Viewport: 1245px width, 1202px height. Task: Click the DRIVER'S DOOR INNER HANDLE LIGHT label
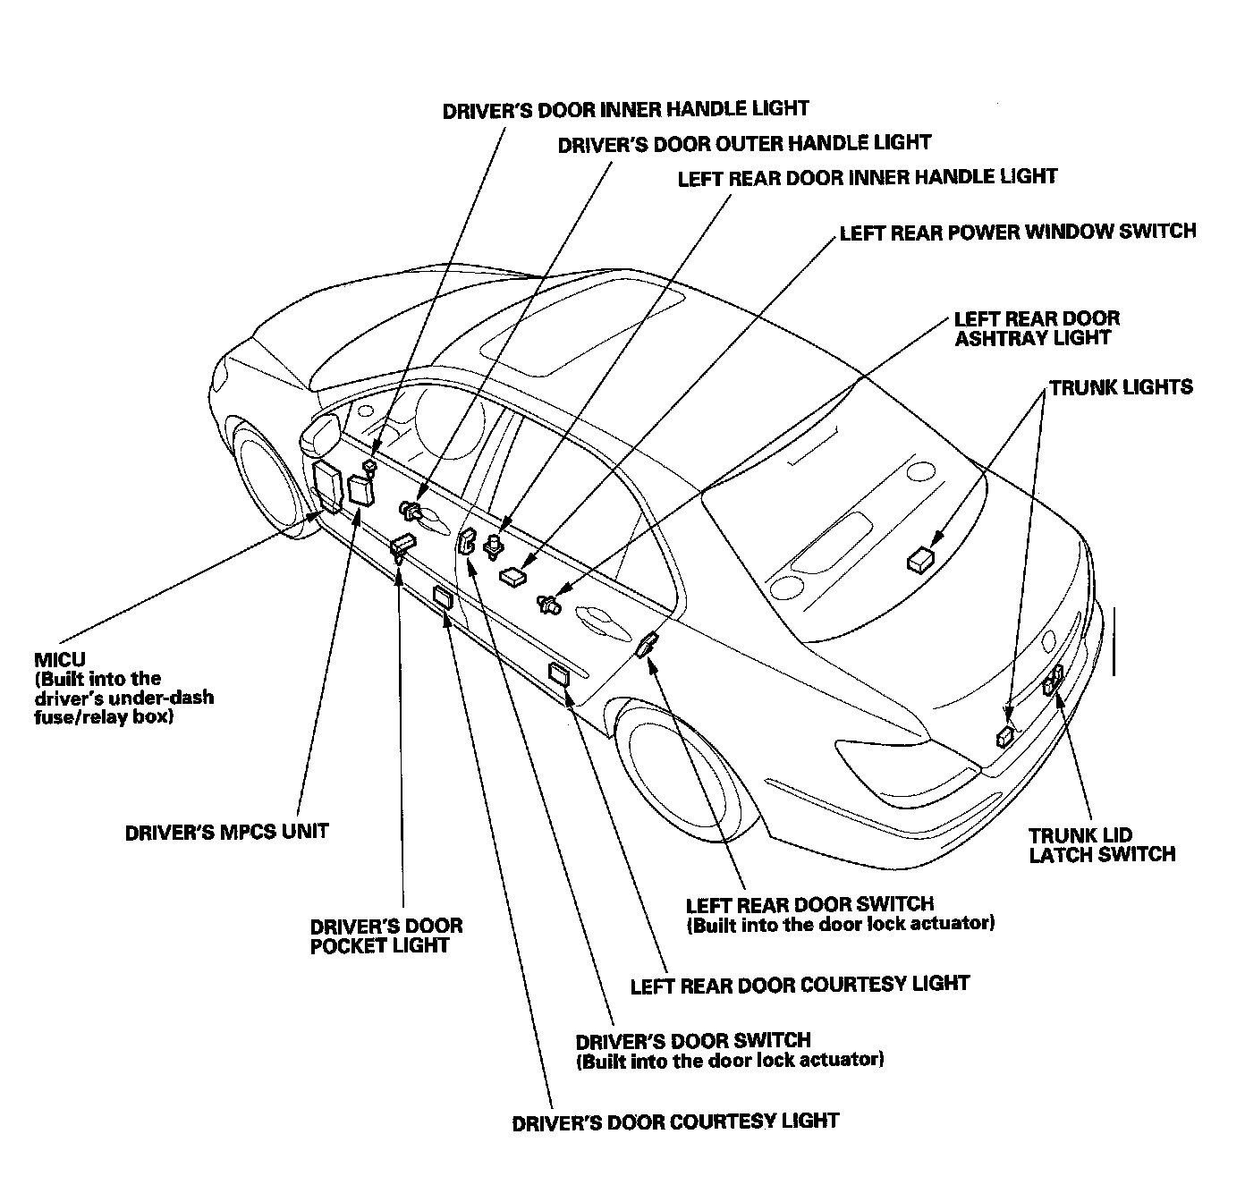click(626, 109)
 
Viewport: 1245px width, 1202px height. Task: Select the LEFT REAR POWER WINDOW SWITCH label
click(1018, 232)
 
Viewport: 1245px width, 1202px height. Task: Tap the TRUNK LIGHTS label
click(1121, 387)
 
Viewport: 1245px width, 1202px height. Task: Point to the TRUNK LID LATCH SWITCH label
click(1102, 844)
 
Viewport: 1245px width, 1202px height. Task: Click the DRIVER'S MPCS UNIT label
click(226, 833)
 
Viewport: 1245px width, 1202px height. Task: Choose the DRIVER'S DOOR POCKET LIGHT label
click(385, 935)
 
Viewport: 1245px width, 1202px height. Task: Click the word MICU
click(60, 659)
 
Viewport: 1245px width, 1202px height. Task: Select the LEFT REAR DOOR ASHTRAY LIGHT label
click(1037, 328)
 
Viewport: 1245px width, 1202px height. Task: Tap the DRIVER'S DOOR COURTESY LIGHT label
click(675, 1122)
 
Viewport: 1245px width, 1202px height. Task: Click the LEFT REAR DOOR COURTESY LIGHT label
click(800, 985)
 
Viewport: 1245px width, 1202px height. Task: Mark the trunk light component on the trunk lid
click(920, 560)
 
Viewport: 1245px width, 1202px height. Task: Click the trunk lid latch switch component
click(1053, 679)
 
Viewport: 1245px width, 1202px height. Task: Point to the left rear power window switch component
click(513, 576)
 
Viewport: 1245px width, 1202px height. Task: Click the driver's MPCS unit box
click(361, 490)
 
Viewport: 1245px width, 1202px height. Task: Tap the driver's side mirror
click(322, 431)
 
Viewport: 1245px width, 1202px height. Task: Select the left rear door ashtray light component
click(549, 604)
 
